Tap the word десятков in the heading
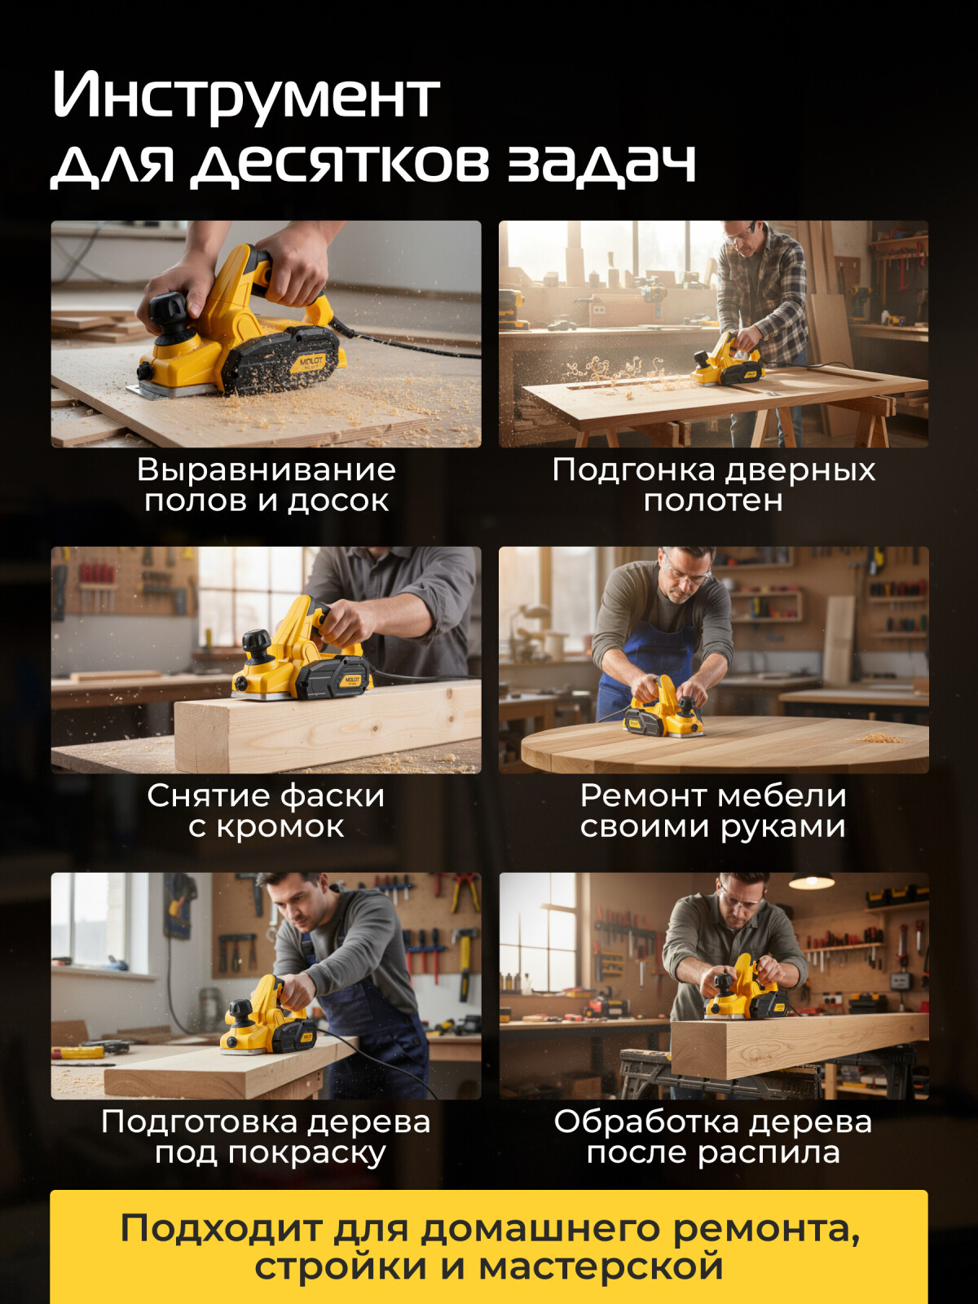click(x=341, y=163)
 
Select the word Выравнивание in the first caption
click(x=266, y=470)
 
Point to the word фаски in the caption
click(x=329, y=796)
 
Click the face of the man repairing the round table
click(x=683, y=574)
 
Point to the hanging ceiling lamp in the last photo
click(x=811, y=880)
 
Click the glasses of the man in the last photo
click(x=742, y=901)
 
